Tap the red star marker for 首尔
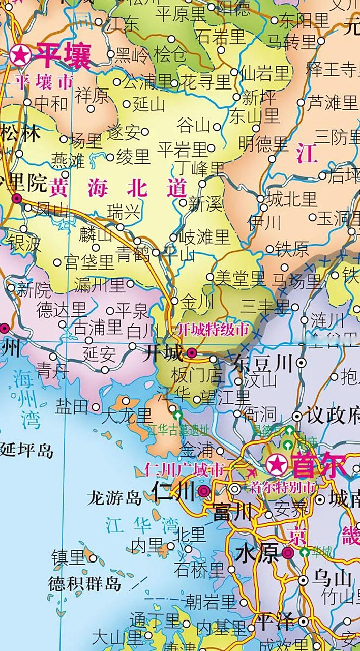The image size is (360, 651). [276, 464]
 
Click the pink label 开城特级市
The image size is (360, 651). [213, 330]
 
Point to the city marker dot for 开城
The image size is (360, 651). [192, 352]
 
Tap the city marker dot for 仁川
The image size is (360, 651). [204, 491]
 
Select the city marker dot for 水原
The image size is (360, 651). [288, 554]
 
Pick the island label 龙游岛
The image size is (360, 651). [114, 497]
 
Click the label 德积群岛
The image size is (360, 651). [85, 583]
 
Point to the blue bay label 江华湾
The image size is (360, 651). [142, 525]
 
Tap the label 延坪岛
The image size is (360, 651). [26, 450]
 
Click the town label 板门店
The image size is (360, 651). [197, 376]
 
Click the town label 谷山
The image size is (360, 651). [193, 125]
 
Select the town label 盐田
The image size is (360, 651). [72, 406]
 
